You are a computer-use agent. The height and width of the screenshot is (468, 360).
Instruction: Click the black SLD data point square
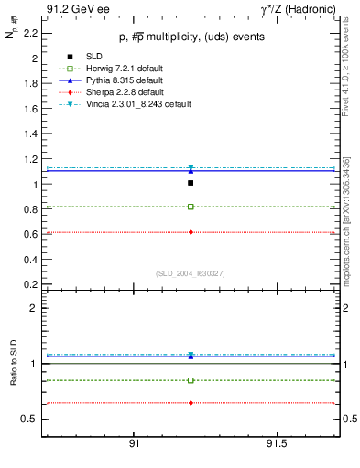(x=191, y=183)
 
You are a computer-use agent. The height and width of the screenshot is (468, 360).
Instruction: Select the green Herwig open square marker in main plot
(x=191, y=207)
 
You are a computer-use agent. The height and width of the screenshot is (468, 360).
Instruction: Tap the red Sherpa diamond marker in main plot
(x=191, y=232)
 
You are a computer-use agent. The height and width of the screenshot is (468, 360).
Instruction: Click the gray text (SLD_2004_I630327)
(x=190, y=273)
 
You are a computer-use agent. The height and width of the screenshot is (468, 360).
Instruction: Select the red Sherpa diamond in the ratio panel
(x=191, y=403)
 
